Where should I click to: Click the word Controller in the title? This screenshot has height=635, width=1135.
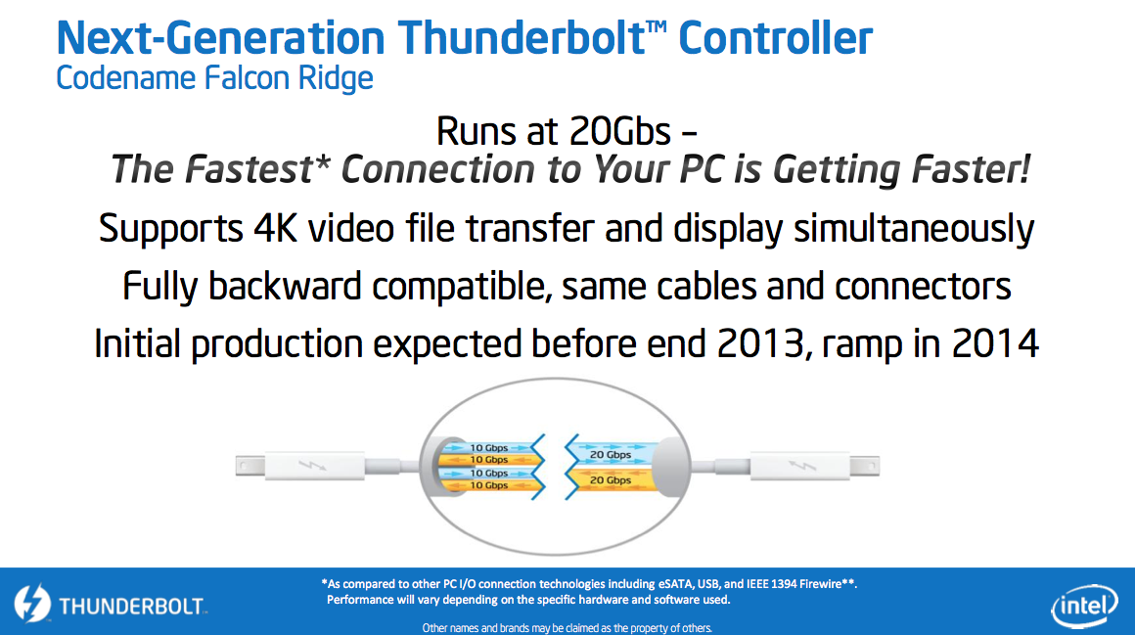point(775,38)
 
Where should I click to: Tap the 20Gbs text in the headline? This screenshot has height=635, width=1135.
point(620,131)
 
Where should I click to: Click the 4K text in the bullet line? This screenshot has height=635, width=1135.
point(275,229)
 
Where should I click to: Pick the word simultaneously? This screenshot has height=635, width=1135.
point(914,230)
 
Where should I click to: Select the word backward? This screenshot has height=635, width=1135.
point(285,286)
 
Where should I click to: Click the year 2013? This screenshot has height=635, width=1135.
point(760,343)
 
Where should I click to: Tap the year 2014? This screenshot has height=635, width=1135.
point(995,343)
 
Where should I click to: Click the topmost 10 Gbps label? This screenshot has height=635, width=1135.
point(489,447)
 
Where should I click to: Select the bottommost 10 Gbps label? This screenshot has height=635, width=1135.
point(489,485)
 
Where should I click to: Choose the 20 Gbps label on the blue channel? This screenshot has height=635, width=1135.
point(611,455)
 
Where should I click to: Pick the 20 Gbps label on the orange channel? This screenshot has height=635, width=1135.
point(611,480)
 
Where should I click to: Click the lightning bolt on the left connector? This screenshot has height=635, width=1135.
point(312,465)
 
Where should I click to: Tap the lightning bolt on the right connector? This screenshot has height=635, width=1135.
point(801,465)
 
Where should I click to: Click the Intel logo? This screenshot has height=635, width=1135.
point(1084,605)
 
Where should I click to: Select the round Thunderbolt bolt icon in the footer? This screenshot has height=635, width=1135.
point(32,603)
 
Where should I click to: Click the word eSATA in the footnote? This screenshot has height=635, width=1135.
point(676,583)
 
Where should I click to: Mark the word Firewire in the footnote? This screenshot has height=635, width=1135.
point(822,583)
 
